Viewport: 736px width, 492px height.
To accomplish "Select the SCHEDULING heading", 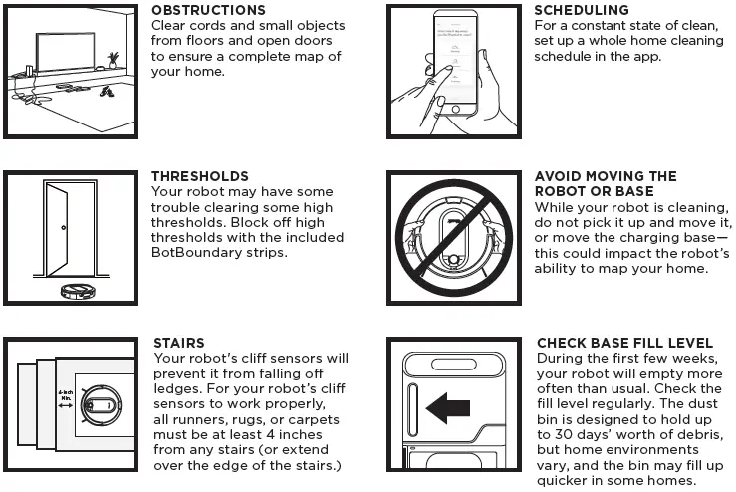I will click(x=582, y=10).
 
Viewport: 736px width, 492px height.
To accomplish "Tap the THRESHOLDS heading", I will click(x=199, y=176).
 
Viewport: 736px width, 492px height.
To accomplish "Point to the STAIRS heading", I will click(x=178, y=343).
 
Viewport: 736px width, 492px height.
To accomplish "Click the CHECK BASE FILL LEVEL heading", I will click(x=624, y=343).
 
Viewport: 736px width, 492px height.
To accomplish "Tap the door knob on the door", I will click(x=64, y=230).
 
